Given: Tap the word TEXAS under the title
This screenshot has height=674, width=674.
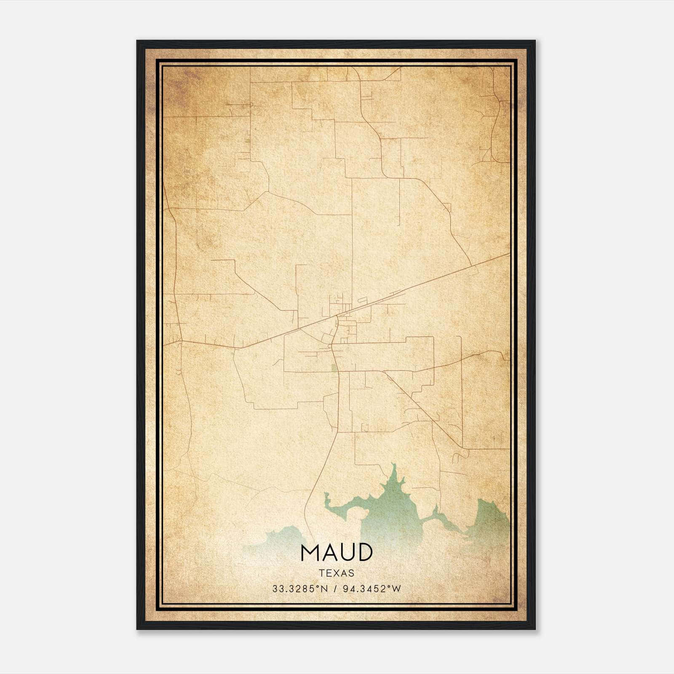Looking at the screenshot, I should point(337,573).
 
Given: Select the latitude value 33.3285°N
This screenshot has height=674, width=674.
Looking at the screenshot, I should point(300,589).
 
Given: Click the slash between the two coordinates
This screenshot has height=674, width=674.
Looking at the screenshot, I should point(335,589).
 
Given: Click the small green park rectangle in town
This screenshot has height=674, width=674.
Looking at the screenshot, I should point(334,368).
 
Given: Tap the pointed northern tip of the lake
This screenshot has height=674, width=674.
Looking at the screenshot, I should point(393,465).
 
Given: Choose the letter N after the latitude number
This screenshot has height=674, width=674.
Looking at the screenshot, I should point(324,589).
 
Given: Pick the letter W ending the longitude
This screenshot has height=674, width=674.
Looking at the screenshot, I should point(397,589).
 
